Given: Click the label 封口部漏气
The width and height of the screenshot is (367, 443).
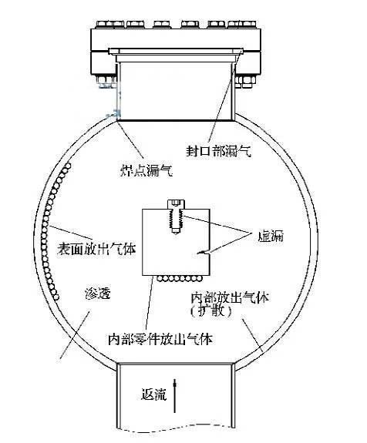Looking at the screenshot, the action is pos(218,151).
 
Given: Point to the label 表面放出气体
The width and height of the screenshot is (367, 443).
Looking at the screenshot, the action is pos(96,249).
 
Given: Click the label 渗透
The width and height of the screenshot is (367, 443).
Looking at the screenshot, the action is pos(97,294).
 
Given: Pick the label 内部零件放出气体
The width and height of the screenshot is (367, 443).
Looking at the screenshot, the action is pos(160,339).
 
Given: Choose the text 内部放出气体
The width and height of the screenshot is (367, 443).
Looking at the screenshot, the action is pos(230,297).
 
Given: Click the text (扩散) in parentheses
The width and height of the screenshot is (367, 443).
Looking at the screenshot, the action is pos(212,310).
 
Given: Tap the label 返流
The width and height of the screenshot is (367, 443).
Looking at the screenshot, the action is pos(153,394).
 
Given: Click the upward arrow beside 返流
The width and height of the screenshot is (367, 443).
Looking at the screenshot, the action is pos(175,396).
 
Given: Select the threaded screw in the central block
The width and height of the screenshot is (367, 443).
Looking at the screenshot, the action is pos(176,216).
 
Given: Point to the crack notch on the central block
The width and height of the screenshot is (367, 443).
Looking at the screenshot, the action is pos(204,252).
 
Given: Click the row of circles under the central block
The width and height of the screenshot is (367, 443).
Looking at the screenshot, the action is pos(180,279).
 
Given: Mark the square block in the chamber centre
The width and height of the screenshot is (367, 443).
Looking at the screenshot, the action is pos(176,242).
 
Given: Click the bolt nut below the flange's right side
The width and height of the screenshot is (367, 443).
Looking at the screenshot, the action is pos(245,82).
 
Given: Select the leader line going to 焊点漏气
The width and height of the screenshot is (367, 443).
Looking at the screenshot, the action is pos(130,139).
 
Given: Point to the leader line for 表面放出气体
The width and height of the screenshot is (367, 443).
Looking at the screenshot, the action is pos(71,233).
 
